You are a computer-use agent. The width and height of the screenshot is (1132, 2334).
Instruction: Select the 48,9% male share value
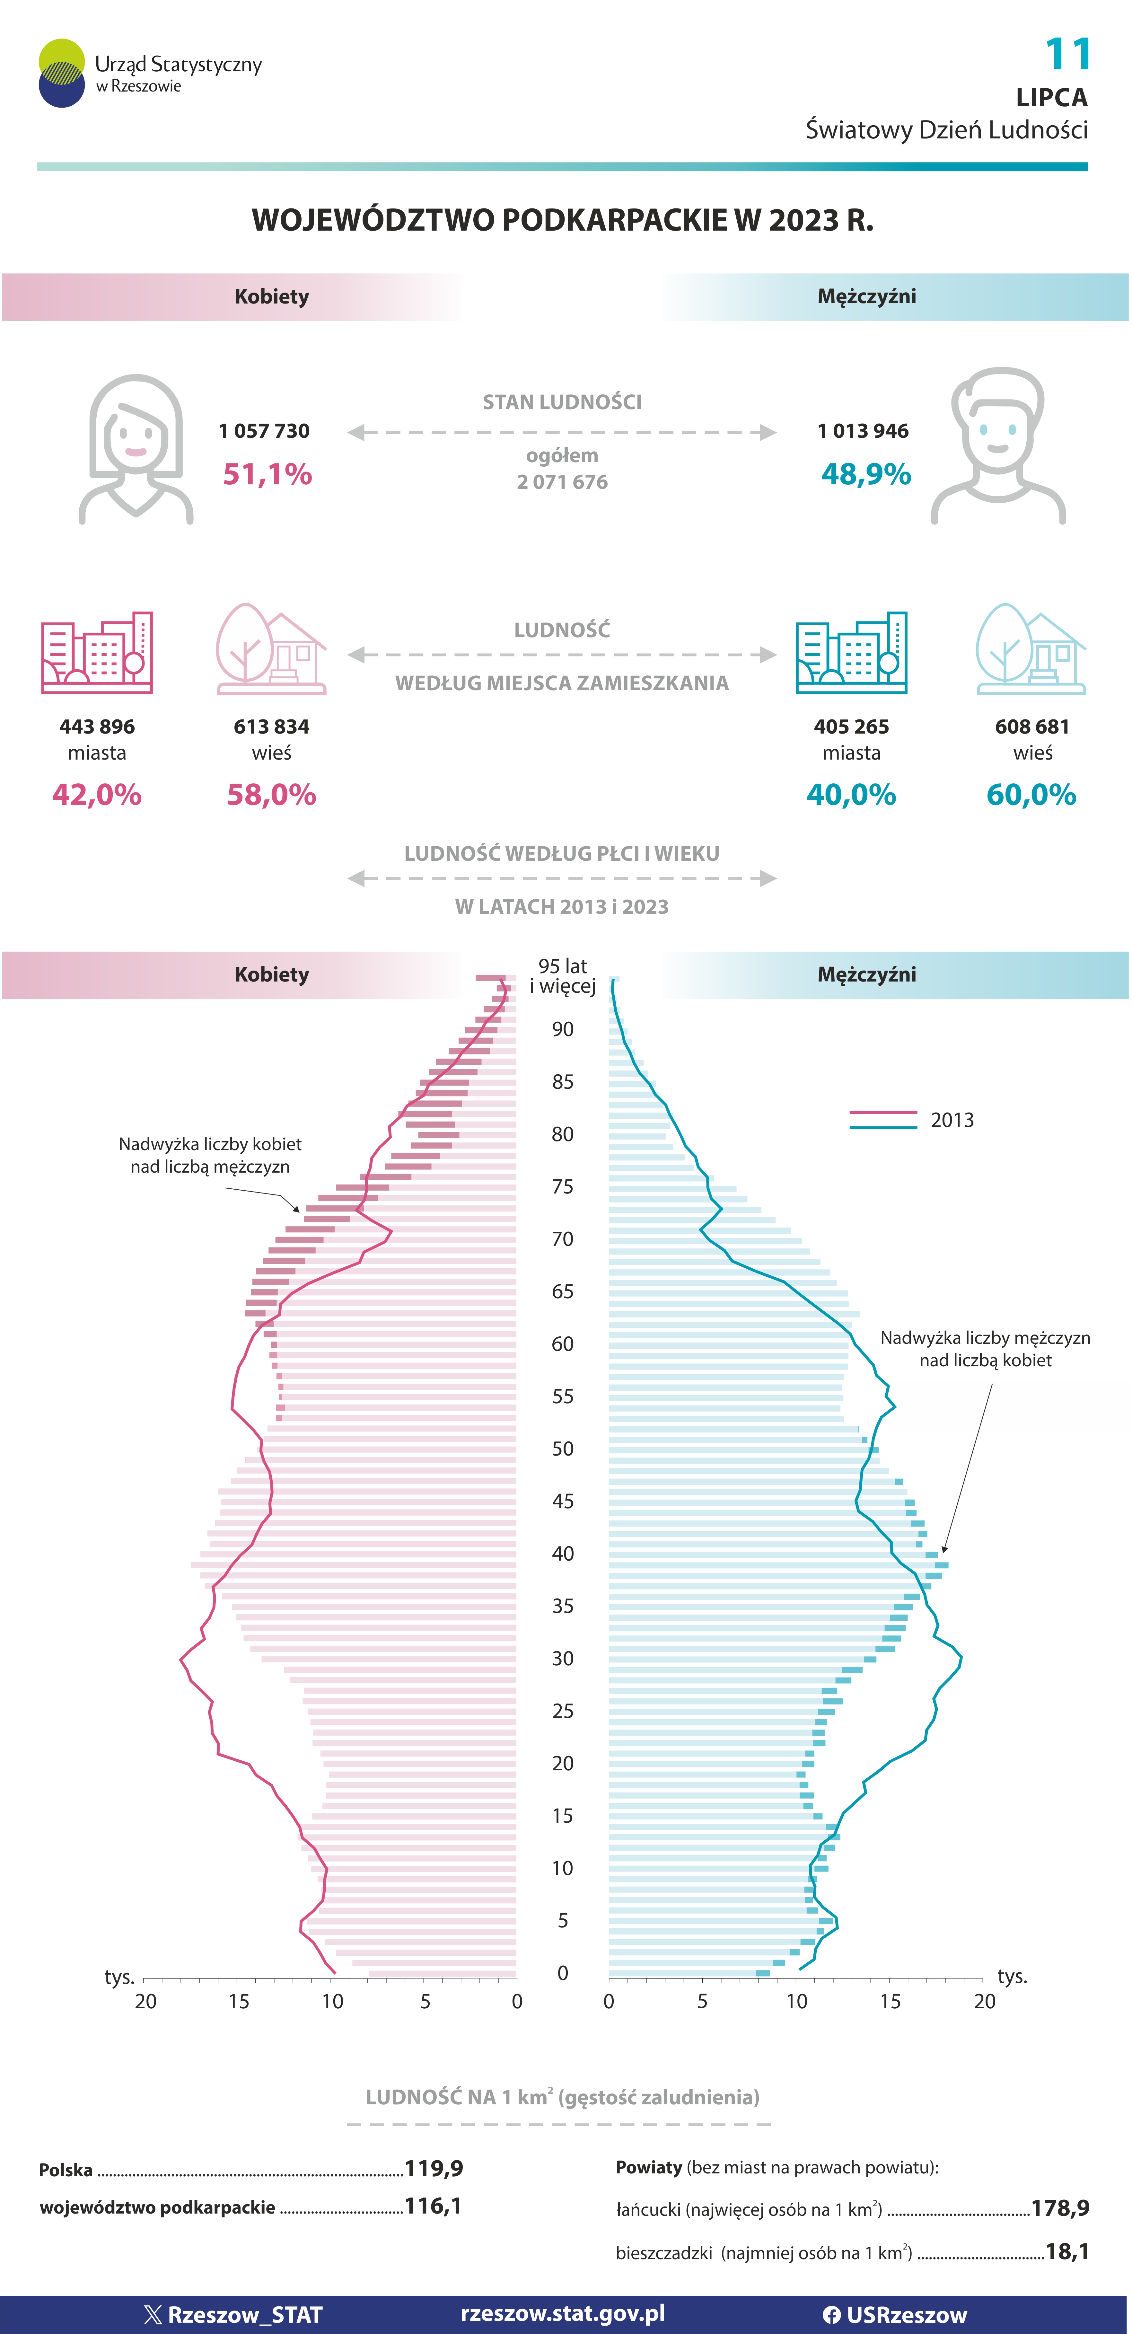[866, 474]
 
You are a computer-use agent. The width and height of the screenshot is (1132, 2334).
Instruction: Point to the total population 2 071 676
[562, 482]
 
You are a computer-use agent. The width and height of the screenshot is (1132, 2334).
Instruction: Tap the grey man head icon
[998, 446]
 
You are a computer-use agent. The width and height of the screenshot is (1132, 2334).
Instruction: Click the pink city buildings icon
[97, 652]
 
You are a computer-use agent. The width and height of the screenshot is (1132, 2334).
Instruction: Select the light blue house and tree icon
[1031, 649]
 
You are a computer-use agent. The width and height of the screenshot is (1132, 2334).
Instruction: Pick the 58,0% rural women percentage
[272, 795]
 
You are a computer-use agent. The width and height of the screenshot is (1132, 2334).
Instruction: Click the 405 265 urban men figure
[851, 727]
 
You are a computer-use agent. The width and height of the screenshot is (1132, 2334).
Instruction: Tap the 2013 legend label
[952, 1120]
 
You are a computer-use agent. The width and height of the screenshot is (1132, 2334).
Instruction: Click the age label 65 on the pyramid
[562, 1291]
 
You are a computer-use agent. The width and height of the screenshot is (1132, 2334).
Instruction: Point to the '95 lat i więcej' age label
[562, 976]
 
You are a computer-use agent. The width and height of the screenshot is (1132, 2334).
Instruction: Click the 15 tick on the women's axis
[239, 2002]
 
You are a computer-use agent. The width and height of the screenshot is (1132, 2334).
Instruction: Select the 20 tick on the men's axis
[984, 2002]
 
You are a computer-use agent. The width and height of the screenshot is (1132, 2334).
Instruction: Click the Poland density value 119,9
[434, 2168]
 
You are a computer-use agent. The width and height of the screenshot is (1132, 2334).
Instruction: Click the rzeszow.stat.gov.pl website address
[562, 2313]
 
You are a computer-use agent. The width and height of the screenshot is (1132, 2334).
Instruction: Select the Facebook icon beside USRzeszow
[831, 2315]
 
